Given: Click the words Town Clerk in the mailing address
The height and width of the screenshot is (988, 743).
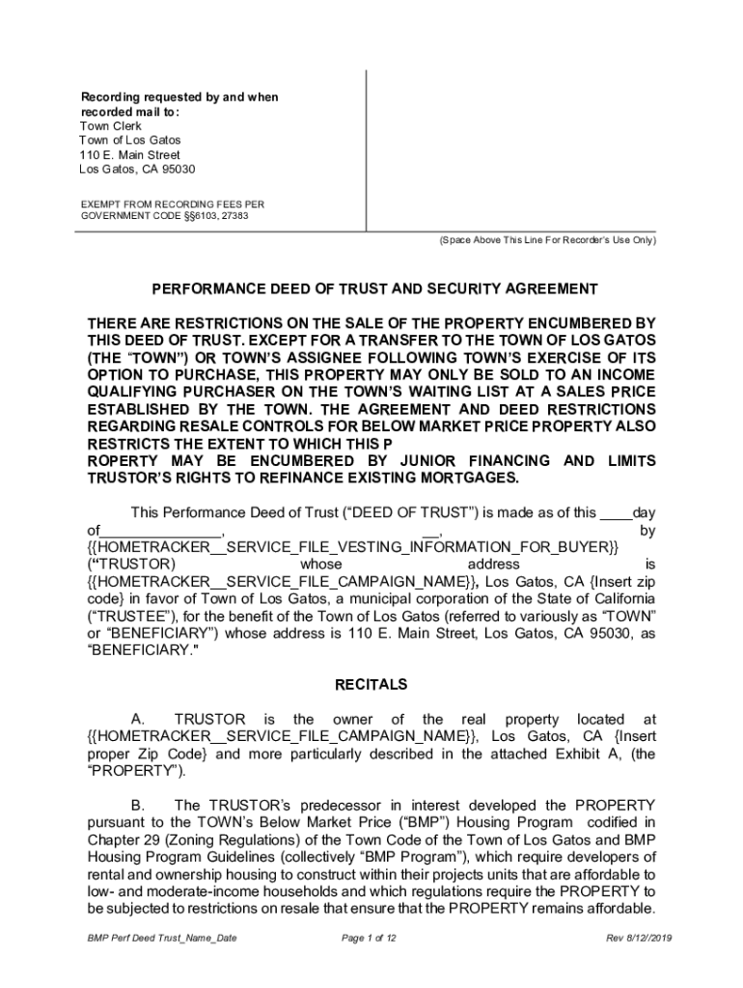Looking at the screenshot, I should pos(110,126).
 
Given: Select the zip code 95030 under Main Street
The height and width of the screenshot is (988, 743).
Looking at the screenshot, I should pos(177,169).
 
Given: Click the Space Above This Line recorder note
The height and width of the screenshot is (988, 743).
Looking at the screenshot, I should pos(546,240).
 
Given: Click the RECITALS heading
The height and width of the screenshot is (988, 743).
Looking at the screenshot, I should pos(371,685).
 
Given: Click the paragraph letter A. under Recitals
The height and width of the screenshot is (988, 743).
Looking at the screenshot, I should pos(138,720).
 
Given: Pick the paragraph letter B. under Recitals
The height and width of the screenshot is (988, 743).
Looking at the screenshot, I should pos(138,806).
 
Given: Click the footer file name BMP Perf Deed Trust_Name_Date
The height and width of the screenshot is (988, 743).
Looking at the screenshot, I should pos(159,938).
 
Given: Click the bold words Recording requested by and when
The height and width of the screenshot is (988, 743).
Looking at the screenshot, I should pos(179,97).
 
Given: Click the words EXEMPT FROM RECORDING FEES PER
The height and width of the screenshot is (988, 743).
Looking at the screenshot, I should pos(172,205).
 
